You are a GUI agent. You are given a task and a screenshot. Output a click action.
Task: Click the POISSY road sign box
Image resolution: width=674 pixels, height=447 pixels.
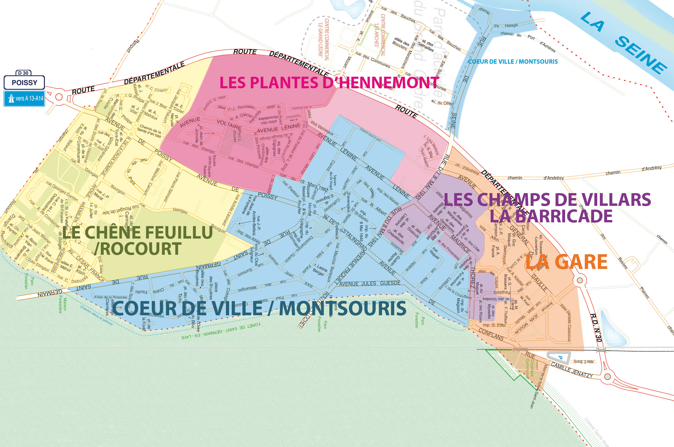[x=24, y=83]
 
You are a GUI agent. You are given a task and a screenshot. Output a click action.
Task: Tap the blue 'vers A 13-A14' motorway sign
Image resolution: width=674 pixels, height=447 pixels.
[x=24, y=98]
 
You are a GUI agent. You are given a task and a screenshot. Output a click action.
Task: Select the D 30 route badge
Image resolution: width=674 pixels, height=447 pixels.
[x=23, y=73]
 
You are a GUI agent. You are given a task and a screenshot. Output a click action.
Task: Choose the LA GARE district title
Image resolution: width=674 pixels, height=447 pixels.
[x=566, y=262]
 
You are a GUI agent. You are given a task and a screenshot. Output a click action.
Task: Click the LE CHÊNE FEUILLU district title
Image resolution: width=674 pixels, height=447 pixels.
[x=138, y=232]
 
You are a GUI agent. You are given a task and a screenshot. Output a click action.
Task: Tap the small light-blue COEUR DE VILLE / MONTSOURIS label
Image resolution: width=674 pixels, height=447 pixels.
[x=513, y=62]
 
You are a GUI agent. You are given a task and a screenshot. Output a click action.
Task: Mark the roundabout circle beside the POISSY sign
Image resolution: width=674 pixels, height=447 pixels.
[x=59, y=97]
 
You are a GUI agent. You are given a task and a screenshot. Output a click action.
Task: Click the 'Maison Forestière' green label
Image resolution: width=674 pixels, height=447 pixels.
[x=62, y=305]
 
